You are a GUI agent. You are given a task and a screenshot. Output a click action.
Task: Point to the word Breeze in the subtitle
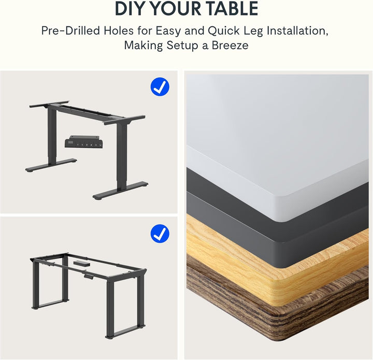pyautogui.click(x=227, y=46)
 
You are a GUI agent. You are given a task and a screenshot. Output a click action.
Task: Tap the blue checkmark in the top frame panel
pyautogui.click(x=160, y=87)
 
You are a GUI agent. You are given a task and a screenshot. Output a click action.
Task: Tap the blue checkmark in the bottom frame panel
pyautogui.click(x=160, y=233)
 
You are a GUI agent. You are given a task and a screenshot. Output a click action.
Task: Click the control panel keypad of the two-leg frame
pyautogui.click(x=84, y=142)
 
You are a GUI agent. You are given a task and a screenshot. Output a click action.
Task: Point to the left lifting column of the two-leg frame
pyautogui.click(x=52, y=135)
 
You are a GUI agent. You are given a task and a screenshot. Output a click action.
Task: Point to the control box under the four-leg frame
pyautogui.click(x=80, y=264)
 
